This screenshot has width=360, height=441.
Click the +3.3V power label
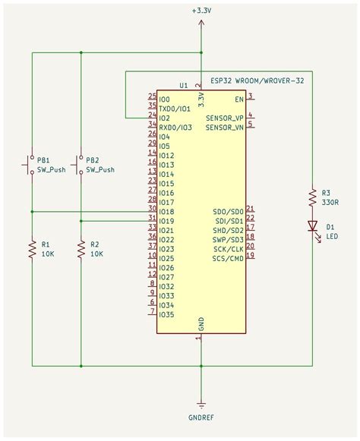click(201, 11)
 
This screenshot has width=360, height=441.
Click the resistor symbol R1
click(32, 249)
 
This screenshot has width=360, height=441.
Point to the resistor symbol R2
click(81, 249)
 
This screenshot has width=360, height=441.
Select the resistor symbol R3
click(311, 198)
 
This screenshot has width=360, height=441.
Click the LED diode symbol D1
click(311, 225)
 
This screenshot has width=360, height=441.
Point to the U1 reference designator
click(183, 85)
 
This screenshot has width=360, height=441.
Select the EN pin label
click(238, 99)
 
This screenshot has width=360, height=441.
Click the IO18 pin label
click(166, 212)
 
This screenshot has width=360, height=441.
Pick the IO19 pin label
click(166, 221)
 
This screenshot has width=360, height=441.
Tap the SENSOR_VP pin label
click(224, 118)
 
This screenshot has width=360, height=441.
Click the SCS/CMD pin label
click(228, 258)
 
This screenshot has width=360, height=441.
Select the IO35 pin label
click(166, 314)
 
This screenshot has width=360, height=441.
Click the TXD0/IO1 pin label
click(175, 109)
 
